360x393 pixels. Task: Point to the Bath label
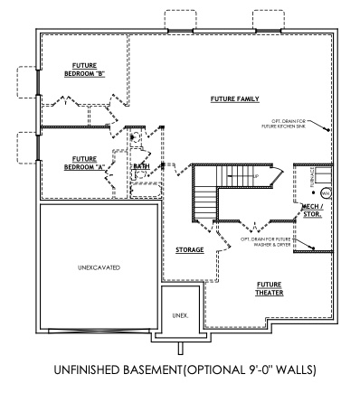click(x=142, y=166)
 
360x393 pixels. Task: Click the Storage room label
click(x=189, y=248)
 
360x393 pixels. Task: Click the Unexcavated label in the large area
click(x=99, y=268)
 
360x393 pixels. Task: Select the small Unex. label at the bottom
click(x=179, y=315)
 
